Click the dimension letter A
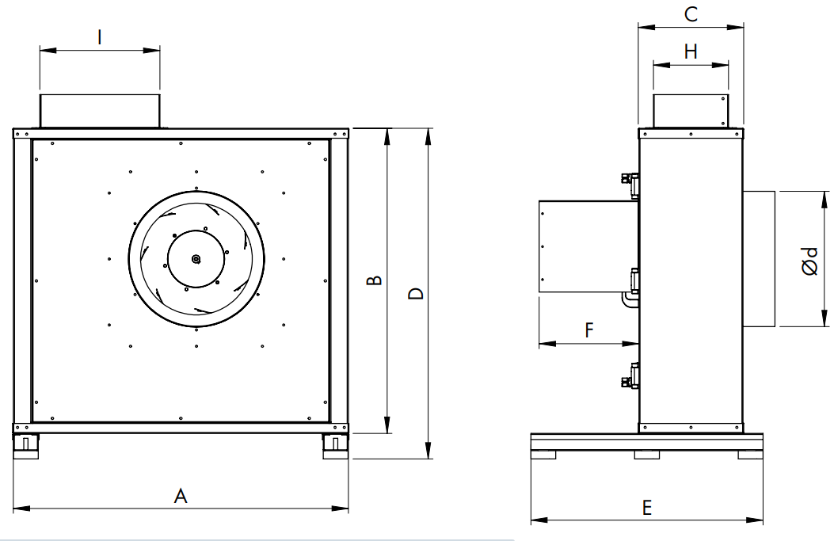point(181,495)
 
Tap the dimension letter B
point(375,280)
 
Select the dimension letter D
point(416,294)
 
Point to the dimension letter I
point(100,37)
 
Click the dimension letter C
point(691,13)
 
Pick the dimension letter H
point(691,51)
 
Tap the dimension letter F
point(588,330)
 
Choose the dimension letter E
point(647,508)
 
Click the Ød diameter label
point(809,261)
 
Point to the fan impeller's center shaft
point(196,259)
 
